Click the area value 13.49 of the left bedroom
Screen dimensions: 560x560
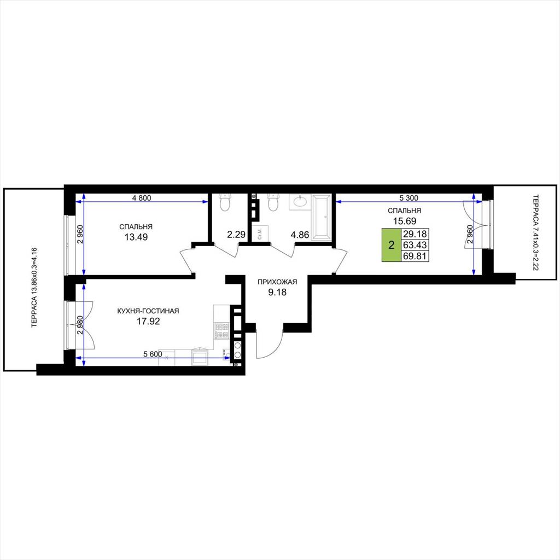point(136,237)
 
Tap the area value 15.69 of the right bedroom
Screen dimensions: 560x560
point(405,221)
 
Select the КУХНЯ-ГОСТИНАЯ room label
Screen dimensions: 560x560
point(148,311)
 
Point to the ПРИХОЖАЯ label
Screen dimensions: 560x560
point(277,282)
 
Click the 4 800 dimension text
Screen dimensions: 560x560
point(142,197)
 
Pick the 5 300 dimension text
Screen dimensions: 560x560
point(409,197)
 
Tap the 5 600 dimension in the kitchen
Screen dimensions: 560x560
point(153,354)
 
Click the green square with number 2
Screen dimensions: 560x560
point(392,245)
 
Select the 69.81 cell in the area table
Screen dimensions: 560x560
point(415,256)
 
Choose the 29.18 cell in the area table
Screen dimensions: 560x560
point(415,234)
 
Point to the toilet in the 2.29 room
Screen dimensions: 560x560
point(225,202)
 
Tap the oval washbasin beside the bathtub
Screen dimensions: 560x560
point(299,202)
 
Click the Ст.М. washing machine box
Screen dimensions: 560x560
point(260,232)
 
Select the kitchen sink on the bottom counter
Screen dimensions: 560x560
point(200,356)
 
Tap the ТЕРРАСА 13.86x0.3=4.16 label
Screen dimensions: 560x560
point(34,288)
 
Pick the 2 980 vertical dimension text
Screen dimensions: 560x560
point(81,325)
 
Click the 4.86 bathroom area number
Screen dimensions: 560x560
point(300,235)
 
